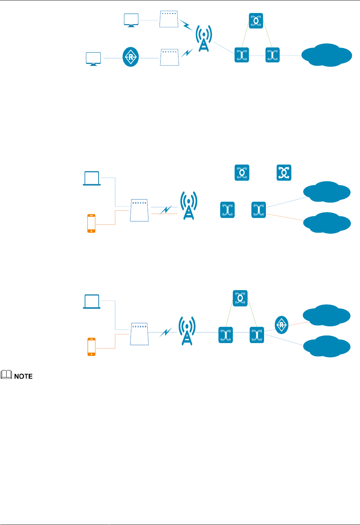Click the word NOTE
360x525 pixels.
click(23, 376)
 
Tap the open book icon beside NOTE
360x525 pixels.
click(6, 375)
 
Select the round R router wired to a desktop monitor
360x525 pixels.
click(131, 57)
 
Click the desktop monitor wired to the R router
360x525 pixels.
click(93, 59)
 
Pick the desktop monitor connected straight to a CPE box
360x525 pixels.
click(131, 20)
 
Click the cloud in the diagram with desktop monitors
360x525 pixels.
click(327, 55)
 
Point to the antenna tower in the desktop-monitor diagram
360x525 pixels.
click(204, 38)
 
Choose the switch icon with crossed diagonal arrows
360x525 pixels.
click(284, 173)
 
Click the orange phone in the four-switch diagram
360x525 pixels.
click(91, 223)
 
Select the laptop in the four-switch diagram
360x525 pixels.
click(92, 178)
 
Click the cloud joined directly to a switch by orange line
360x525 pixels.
click(327, 223)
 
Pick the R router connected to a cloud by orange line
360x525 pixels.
click(282, 325)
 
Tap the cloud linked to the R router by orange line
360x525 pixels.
click(327, 315)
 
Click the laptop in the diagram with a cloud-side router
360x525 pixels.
click(92, 302)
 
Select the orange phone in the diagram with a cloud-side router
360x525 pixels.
click(91, 347)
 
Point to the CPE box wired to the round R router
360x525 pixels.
click(170, 57)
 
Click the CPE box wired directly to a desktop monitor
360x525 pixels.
click(169, 19)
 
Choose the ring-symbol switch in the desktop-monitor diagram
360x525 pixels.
click(256, 21)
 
